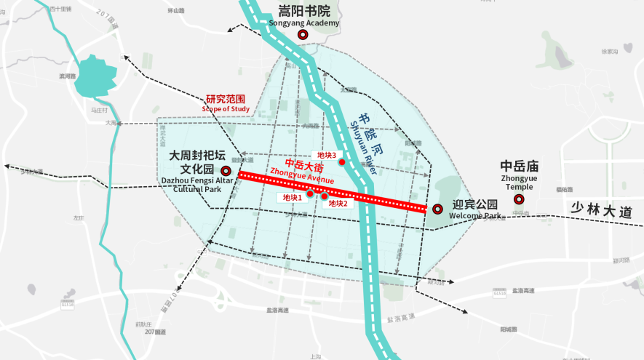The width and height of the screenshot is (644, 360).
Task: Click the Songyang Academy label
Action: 304,23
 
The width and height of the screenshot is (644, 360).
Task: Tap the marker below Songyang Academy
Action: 303,34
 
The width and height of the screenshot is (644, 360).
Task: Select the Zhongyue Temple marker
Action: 519,199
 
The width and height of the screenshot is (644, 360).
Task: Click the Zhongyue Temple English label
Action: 519,183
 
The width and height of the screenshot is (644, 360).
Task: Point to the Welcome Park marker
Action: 437,209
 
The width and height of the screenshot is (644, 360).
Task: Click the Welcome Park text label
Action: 475,216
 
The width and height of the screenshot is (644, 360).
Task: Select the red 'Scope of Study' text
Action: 226,108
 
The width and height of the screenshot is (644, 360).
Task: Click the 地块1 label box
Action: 293,198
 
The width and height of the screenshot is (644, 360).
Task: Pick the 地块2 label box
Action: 338,204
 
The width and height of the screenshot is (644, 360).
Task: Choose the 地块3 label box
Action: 326,155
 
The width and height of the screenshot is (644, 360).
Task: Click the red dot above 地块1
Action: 310,193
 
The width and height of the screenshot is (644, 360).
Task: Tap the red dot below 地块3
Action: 341,162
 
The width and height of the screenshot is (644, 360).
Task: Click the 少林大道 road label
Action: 602,210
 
